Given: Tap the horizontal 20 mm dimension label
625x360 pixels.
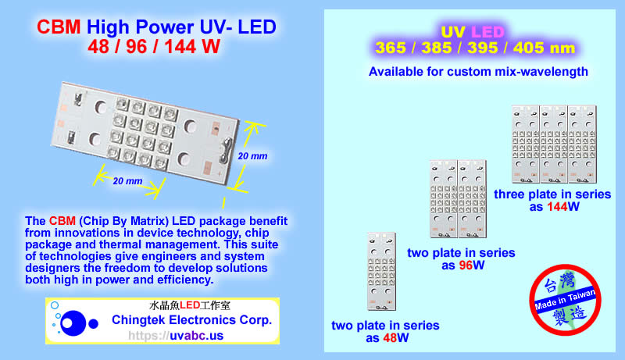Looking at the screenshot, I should coord(127,181).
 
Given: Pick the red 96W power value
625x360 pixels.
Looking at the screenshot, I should coord(470,266).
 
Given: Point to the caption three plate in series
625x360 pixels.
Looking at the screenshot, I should coord(552,194).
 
